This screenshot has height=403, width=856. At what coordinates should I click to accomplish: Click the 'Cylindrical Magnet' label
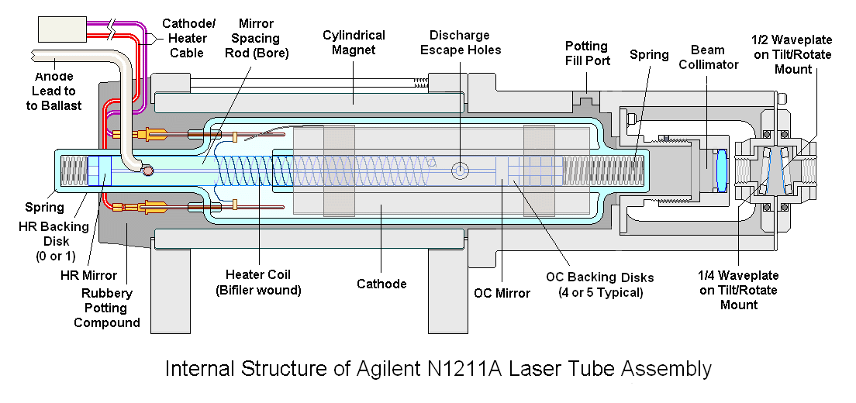point(354,43)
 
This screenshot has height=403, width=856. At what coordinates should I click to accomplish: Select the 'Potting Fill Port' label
point(587,53)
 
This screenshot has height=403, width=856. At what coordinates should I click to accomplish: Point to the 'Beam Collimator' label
point(707,57)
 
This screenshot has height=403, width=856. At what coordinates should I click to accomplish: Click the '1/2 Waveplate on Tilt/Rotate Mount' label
point(792,54)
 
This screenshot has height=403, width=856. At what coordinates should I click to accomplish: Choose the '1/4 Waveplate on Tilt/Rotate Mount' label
point(739,290)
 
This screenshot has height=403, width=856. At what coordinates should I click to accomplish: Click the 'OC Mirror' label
point(502,294)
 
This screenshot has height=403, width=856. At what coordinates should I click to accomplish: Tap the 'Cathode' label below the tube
point(381,284)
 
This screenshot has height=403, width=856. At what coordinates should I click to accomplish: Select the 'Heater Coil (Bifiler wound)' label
point(258,282)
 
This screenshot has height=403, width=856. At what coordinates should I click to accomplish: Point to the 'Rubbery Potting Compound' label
point(107,308)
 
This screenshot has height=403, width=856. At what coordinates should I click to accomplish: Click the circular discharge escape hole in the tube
point(461,170)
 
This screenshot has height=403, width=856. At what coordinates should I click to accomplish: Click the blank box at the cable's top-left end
point(62,29)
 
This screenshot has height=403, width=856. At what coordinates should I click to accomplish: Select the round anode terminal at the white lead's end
point(147,171)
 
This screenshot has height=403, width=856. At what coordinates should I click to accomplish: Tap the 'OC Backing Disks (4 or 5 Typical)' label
point(600,284)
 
